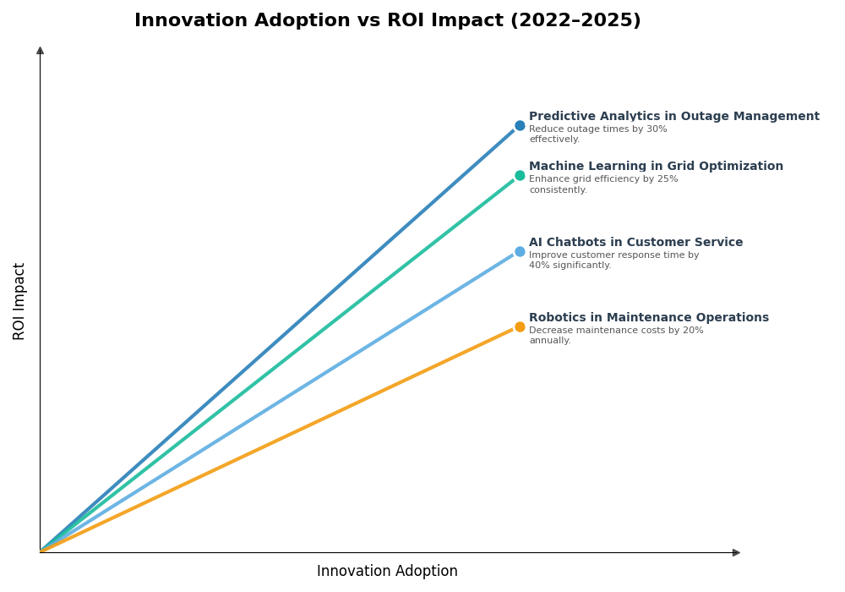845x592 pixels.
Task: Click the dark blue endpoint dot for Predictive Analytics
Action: click(x=520, y=125)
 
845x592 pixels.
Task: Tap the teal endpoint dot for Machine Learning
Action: click(x=520, y=176)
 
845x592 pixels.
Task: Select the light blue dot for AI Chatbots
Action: click(x=520, y=251)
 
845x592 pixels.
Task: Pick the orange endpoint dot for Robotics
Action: click(x=520, y=326)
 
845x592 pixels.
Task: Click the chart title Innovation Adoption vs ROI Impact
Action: click(x=387, y=20)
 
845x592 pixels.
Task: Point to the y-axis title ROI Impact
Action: click(x=19, y=301)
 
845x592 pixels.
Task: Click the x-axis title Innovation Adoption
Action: click(x=387, y=572)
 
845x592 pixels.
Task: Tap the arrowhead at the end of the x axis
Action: click(x=736, y=552)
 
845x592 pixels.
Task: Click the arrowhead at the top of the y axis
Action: click(x=40, y=51)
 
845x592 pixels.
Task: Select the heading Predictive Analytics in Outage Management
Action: click(x=673, y=117)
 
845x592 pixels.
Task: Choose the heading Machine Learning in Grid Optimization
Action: click(x=656, y=167)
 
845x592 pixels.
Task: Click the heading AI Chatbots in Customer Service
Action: click(x=635, y=243)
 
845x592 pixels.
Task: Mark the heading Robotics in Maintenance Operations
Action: click(x=648, y=318)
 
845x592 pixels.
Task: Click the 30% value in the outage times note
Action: click(x=657, y=129)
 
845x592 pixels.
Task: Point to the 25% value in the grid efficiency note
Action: click(x=668, y=179)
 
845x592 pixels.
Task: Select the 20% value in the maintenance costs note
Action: click(x=693, y=331)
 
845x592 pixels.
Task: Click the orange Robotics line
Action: click(x=279, y=439)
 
